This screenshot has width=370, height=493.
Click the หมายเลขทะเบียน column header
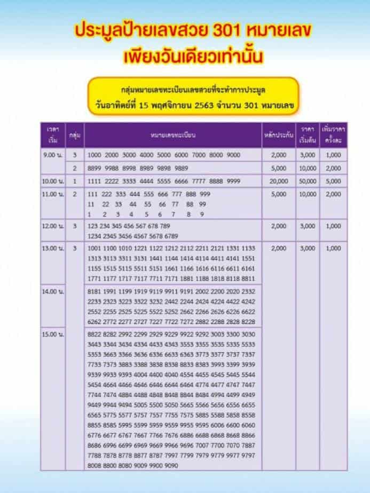[172, 135]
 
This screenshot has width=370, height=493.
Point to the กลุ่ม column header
[75, 136]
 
